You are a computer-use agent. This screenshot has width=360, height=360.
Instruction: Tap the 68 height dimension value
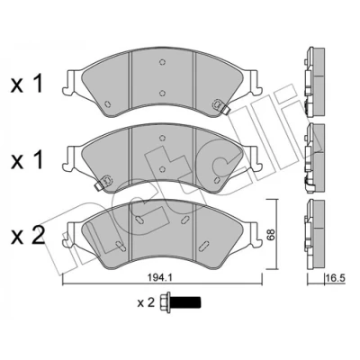point(271,235)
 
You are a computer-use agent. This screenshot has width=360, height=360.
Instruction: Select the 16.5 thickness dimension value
point(336,278)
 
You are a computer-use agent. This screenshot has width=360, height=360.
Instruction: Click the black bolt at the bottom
point(181,302)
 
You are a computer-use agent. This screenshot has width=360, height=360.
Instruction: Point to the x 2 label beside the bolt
point(146,302)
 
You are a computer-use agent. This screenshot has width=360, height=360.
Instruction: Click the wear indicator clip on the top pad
point(220,106)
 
